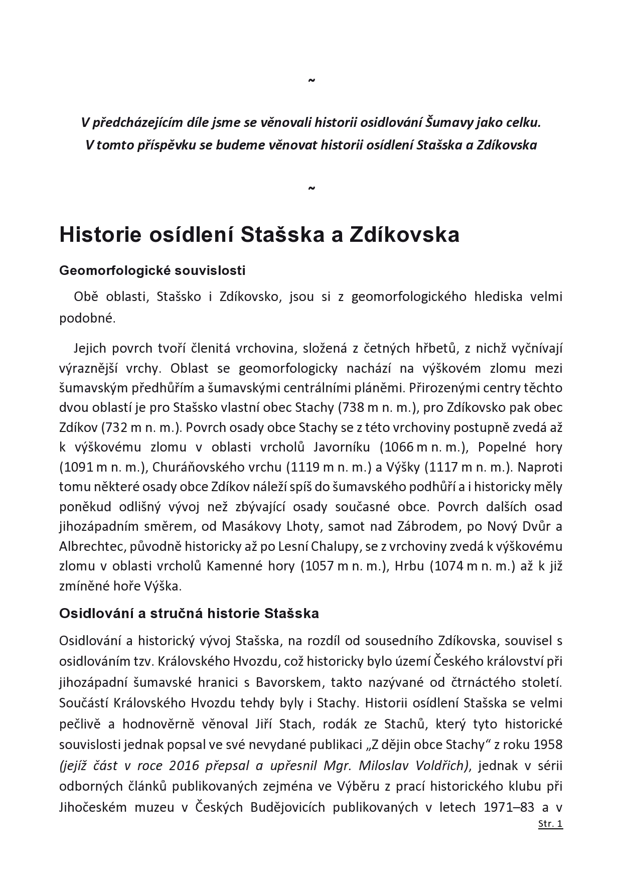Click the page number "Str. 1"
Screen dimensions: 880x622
550,824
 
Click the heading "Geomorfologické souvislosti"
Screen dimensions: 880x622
152,270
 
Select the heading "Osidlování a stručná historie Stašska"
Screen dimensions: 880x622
189,613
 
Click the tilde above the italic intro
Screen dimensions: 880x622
311,80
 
